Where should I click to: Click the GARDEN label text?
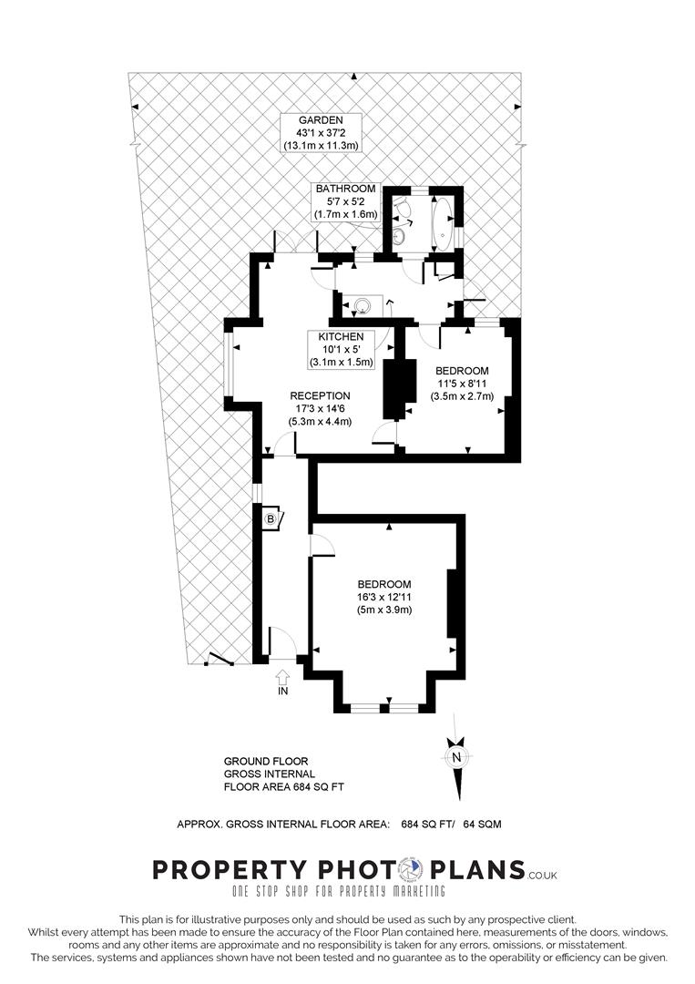coord(321,120)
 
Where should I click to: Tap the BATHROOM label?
coord(345,189)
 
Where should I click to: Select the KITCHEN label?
coord(341,337)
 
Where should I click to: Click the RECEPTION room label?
coord(320,396)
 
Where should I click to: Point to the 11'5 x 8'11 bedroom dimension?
coord(463,384)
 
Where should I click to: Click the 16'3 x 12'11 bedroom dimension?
coord(384,598)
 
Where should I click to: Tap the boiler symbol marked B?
coord(271,519)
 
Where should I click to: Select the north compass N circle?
coord(457,757)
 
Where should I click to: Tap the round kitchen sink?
coord(363,306)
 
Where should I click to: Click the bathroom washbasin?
coord(400,236)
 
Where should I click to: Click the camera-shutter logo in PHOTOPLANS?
coord(412,870)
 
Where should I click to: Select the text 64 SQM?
coord(483,824)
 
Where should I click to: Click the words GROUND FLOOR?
coord(266,761)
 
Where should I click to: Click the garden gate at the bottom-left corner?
coord(220,660)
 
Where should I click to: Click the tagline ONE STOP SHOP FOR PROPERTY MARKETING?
coord(339,891)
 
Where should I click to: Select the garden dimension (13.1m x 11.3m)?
coord(321,146)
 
